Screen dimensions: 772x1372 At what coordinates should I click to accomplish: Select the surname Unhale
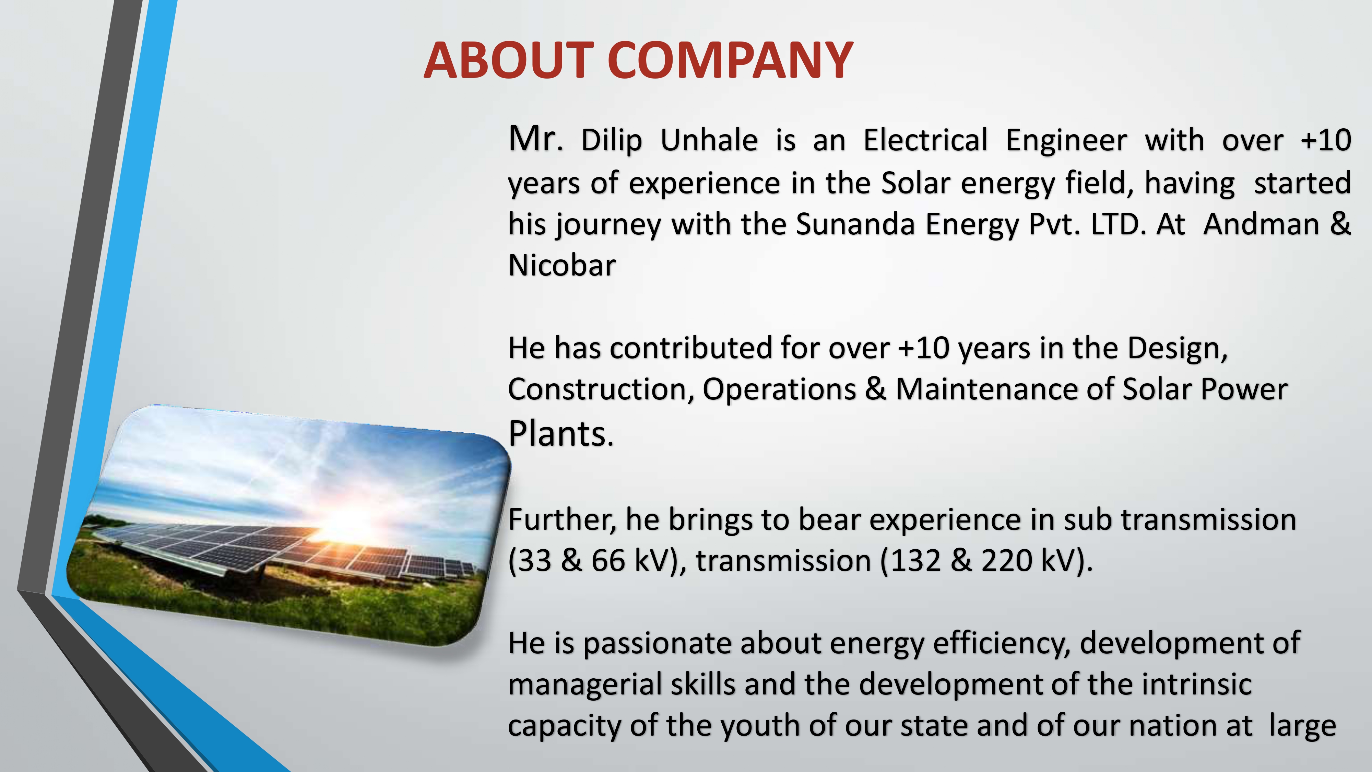coord(708,141)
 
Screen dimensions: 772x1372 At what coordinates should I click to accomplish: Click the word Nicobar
coord(562,265)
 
